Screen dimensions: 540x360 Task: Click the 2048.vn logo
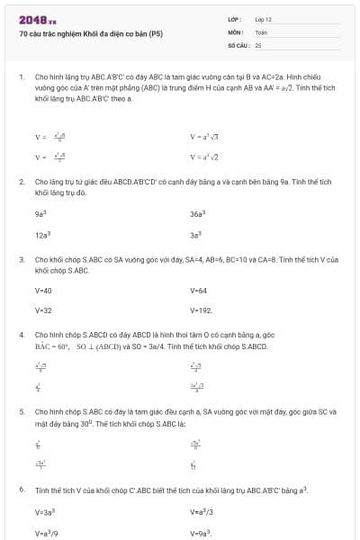(x=37, y=18)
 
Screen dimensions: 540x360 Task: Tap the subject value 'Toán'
(x=261, y=31)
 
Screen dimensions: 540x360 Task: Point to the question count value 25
(x=258, y=44)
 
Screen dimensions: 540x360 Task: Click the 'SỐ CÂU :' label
(x=238, y=44)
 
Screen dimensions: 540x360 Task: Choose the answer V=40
(x=43, y=291)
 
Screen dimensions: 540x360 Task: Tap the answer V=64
(x=199, y=291)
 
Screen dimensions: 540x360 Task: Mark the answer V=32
(x=43, y=310)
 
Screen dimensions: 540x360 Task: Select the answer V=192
(x=201, y=310)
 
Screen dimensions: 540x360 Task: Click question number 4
(x=21, y=334)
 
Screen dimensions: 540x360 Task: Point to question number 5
(x=21, y=410)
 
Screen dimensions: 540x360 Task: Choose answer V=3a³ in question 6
(x=45, y=513)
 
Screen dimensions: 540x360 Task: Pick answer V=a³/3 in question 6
(x=202, y=513)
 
